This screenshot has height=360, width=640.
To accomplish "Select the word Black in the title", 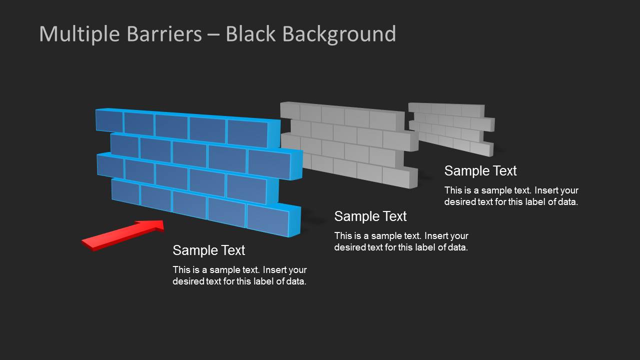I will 250,33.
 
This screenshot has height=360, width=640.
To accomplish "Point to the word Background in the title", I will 339,34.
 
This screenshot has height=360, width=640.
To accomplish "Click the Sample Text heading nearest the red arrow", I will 209,250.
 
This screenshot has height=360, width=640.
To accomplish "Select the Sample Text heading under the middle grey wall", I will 370,216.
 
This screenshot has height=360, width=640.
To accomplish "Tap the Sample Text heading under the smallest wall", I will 480,170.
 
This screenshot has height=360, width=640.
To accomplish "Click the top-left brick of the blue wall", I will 109,120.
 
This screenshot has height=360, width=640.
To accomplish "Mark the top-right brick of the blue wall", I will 247,132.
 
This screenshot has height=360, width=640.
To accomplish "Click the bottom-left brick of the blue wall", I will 125,191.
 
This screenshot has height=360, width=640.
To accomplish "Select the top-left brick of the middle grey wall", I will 290,110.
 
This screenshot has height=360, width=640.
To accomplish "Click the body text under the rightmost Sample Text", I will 511,196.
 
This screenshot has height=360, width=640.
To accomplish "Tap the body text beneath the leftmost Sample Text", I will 239,275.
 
